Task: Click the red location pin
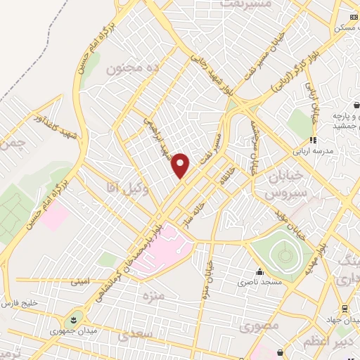pos(181,165)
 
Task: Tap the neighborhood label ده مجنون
pos(129,69)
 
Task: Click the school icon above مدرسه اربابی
pos(313,140)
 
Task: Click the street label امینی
pos(79,282)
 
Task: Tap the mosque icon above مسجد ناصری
pos(259,272)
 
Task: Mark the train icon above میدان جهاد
pos(344,309)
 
